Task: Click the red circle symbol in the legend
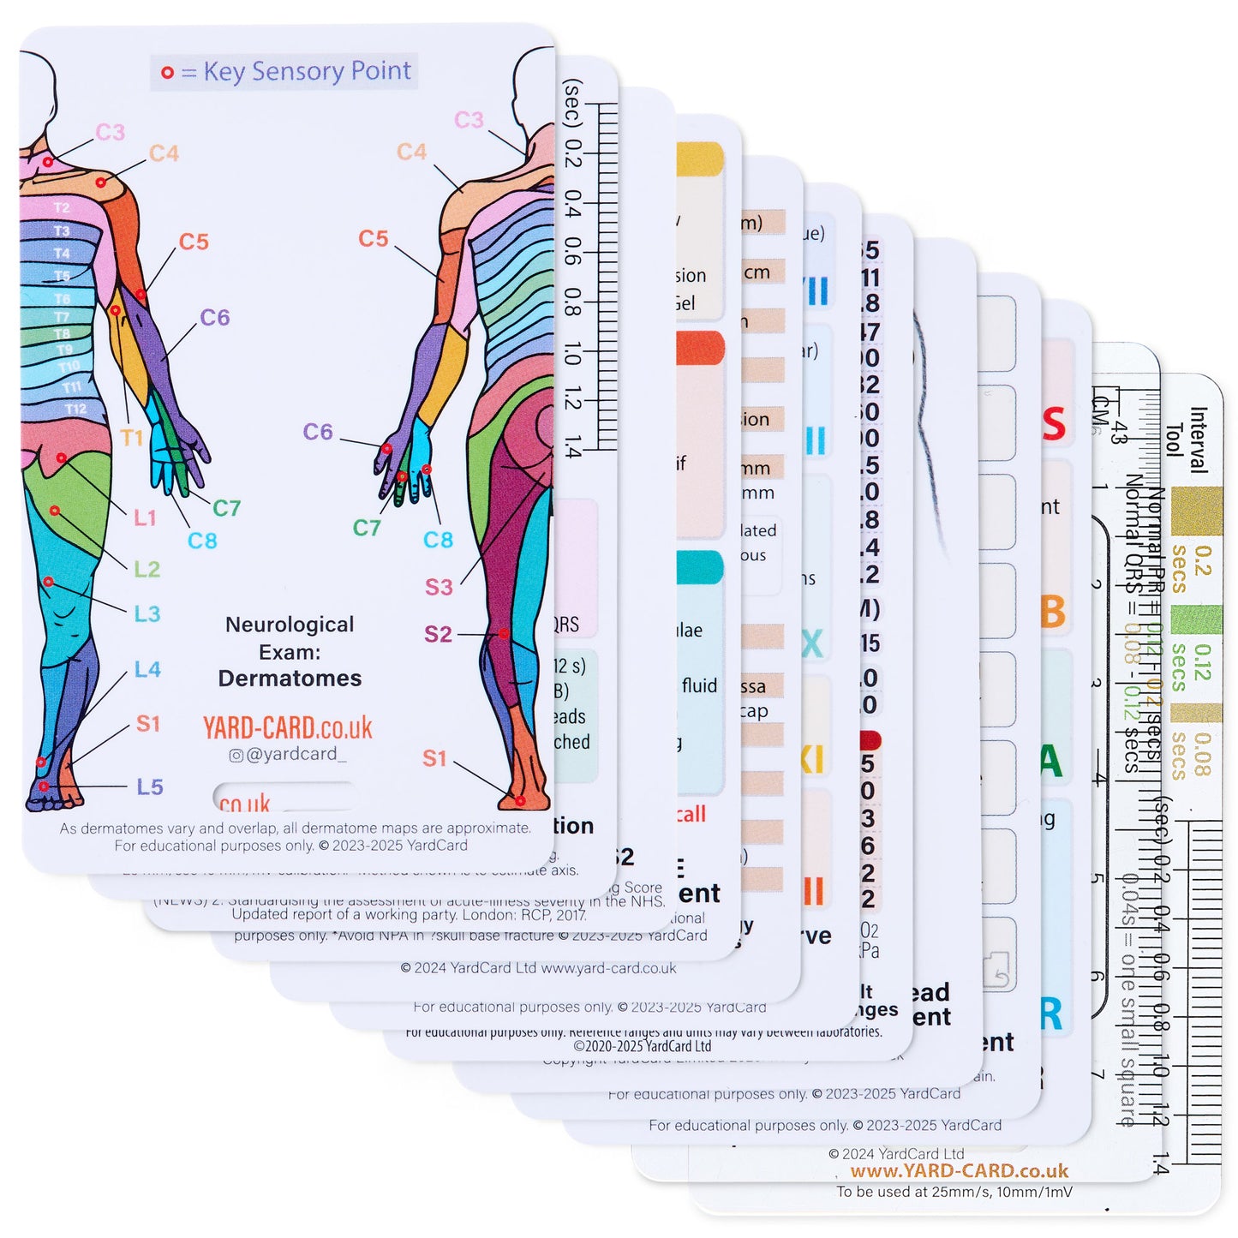tap(167, 73)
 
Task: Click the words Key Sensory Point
tap(307, 72)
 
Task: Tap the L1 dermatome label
tap(145, 517)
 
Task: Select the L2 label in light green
tap(147, 569)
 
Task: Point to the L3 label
tap(147, 613)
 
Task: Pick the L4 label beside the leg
tap(147, 669)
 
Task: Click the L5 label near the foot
tap(150, 786)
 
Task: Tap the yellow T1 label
tap(131, 438)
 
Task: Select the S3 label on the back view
tap(439, 587)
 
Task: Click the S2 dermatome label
tap(438, 634)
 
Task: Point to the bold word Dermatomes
tap(290, 679)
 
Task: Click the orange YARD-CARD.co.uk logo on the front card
tap(287, 727)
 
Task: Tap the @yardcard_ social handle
tap(288, 754)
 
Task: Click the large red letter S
tap(1054, 425)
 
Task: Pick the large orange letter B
tap(1053, 612)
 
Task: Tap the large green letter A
tap(1051, 761)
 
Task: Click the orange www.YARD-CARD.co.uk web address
tap(959, 1171)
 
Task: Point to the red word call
tap(691, 814)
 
